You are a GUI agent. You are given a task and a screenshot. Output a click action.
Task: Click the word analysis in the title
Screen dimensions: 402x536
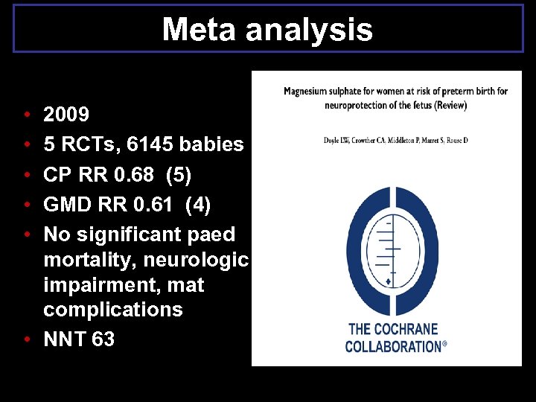(x=306, y=30)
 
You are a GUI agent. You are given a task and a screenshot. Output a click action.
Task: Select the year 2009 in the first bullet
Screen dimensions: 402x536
(x=66, y=115)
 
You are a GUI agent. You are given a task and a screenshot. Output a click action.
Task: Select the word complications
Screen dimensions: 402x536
(x=112, y=310)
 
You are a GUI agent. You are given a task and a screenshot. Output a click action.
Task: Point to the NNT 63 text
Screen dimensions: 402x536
(x=79, y=339)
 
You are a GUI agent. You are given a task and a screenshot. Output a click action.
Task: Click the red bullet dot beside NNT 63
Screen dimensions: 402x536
(x=26, y=339)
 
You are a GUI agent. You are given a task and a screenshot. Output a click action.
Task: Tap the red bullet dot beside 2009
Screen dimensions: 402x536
(x=26, y=115)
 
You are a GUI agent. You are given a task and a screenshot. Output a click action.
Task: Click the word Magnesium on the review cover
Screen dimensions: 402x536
(x=307, y=92)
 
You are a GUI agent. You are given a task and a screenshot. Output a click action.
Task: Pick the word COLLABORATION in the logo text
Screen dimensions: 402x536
(x=393, y=347)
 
